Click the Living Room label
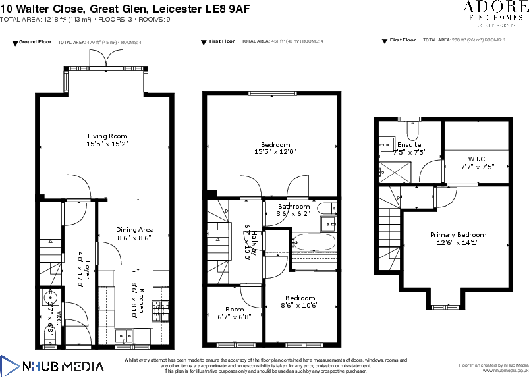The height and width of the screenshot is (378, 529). [107, 136]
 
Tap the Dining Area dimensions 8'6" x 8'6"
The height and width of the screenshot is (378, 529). [134, 238]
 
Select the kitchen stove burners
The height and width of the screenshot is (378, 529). [160, 309]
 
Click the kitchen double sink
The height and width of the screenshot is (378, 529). [123, 336]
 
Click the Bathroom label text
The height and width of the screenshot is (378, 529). [293, 207]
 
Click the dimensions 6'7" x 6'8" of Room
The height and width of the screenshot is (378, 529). [235, 317]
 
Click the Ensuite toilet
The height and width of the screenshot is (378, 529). [412, 125]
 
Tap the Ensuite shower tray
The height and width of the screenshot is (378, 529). [397, 170]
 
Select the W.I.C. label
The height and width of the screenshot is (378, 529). [477, 159]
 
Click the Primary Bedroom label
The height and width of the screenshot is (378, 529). [458, 235]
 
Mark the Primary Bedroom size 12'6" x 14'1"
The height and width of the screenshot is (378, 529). [458, 242]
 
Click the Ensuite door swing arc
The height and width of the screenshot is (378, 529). [429, 173]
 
